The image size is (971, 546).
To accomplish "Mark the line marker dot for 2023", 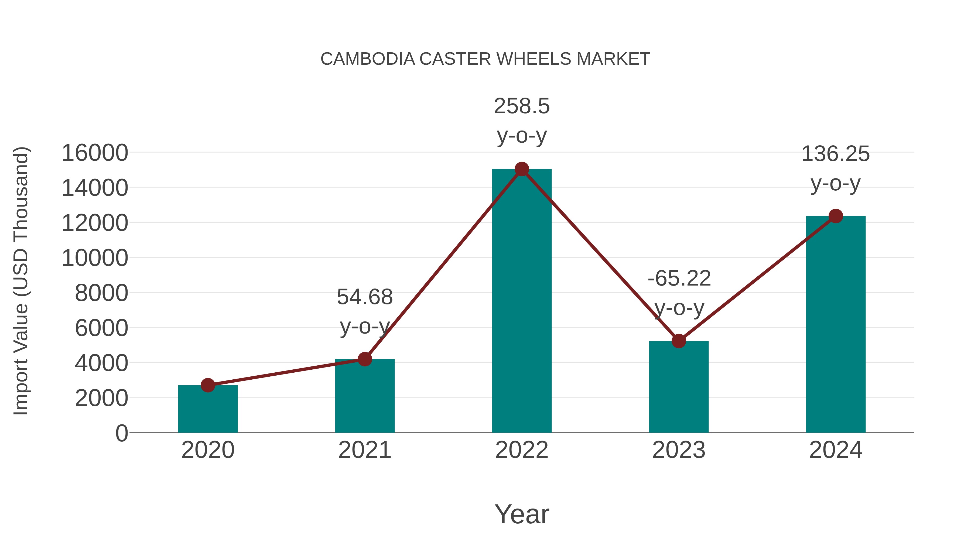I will click(x=679, y=341).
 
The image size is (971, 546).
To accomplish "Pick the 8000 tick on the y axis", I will click(x=101, y=293).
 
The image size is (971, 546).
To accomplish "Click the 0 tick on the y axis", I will click(x=121, y=433).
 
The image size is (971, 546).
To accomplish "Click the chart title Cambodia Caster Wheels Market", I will click(x=485, y=59).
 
